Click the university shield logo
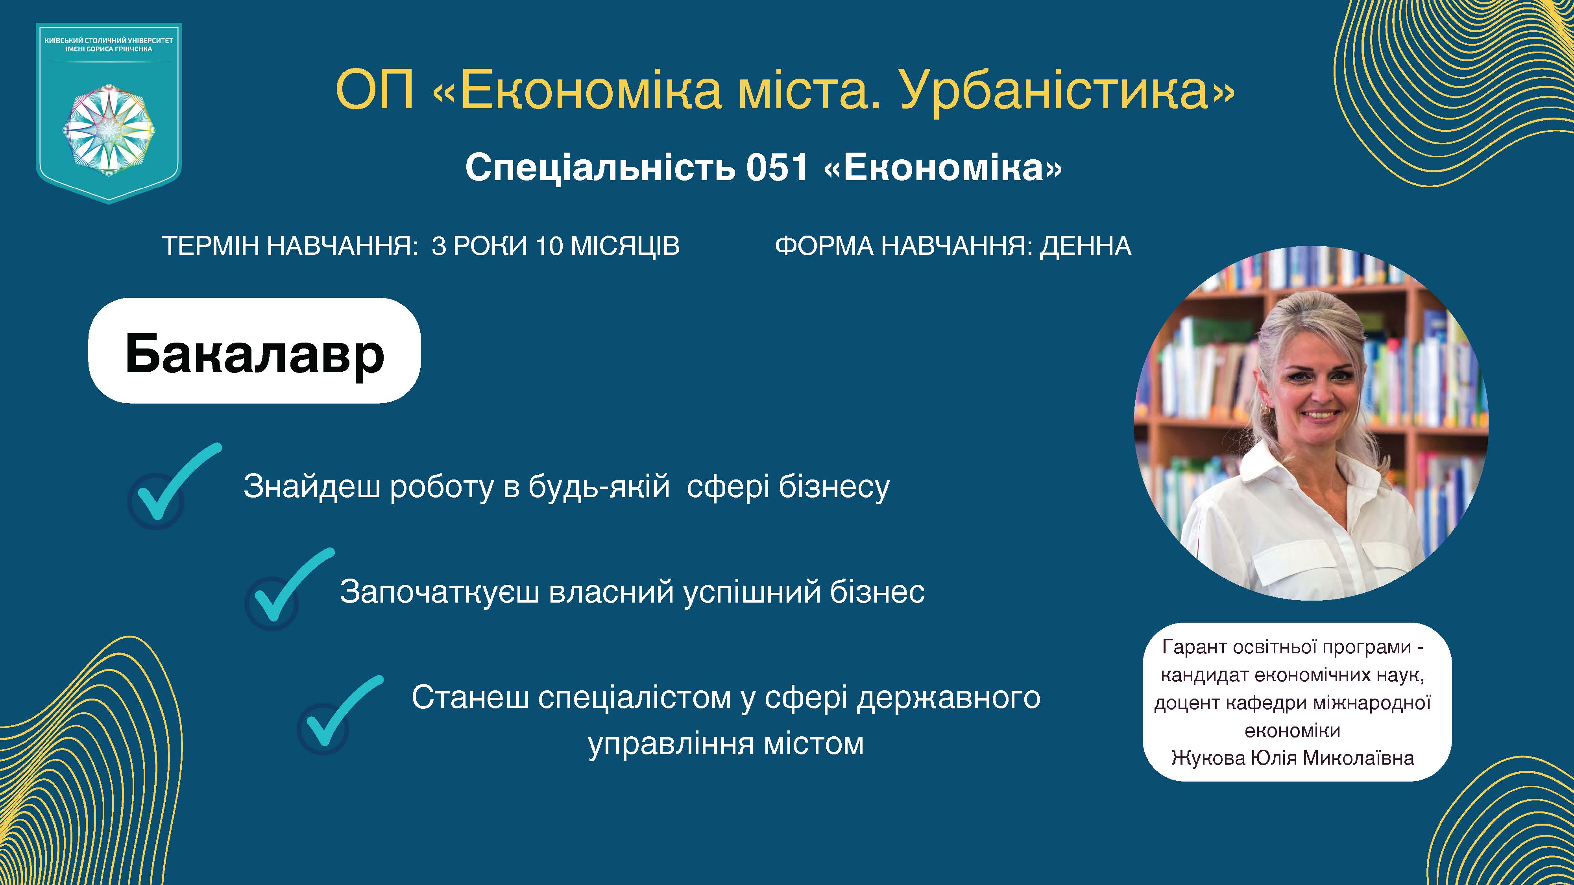coord(109,113)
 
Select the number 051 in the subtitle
coord(777,167)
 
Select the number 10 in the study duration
coord(549,247)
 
